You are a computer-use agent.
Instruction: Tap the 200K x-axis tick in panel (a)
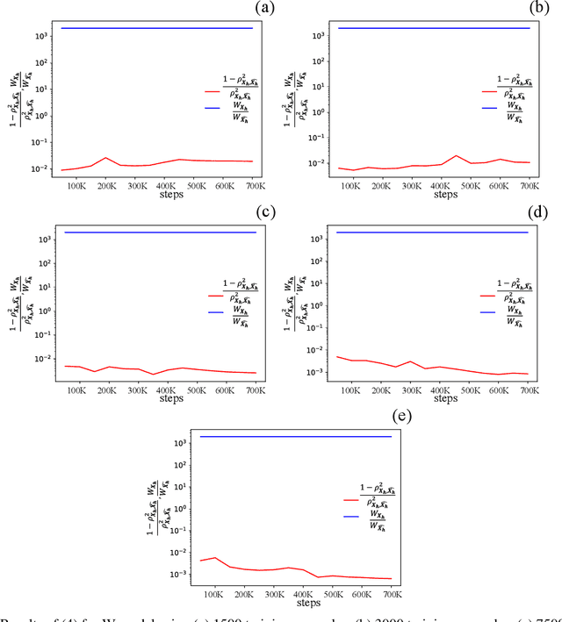[x=105, y=186]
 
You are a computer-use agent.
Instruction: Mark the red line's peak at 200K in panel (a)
[x=105, y=158]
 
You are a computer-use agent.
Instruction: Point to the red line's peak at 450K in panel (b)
[x=456, y=156]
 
